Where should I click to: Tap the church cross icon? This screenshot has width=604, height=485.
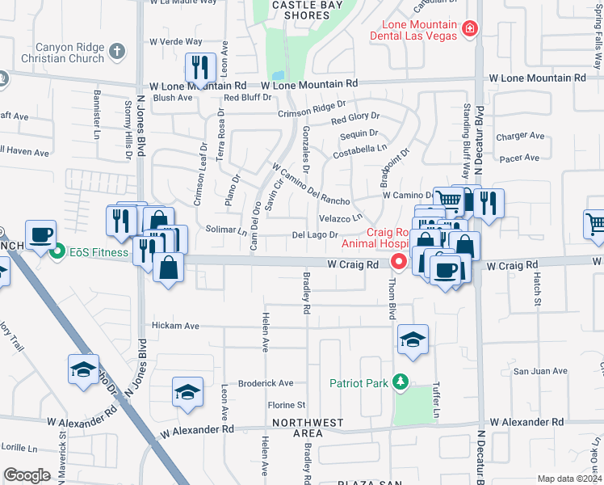pyautogui.click(x=117, y=52)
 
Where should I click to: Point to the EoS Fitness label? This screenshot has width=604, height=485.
pyautogui.click(x=98, y=252)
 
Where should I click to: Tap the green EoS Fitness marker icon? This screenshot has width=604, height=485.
pyautogui.click(x=57, y=252)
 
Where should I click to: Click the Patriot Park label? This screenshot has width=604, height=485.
pyautogui.click(x=359, y=382)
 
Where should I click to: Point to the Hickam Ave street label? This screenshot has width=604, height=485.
pyautogui.click(x=175, y=326)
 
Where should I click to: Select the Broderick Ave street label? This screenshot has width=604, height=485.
pyautogui.click(x=265, y=383)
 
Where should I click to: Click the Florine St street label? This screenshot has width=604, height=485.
pyautogui.click(x=287, y=404)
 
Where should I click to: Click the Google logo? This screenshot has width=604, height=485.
pyautogui.click(x=27, y=475)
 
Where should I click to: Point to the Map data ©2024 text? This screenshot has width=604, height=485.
pyautogui.click(x=569, y=479)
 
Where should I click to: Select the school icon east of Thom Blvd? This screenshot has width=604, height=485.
pyautogui.click(x=413, y=339)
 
